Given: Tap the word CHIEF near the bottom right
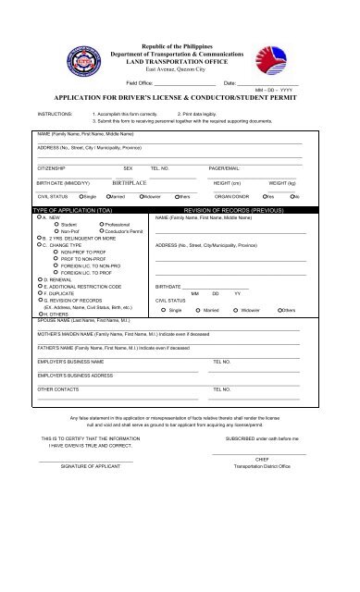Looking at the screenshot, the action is click(x=261, y=458).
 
